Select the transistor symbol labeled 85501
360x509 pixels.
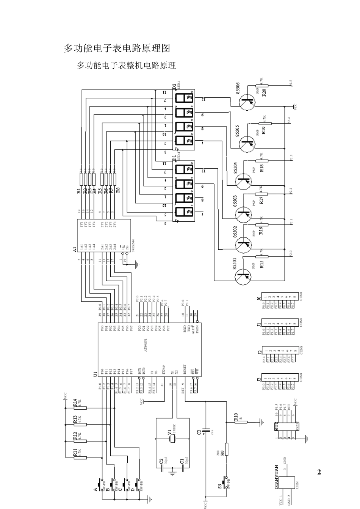[x=243, y=277]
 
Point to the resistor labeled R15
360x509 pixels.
[x=262, y=257]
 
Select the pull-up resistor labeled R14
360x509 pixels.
[x=80, y=408]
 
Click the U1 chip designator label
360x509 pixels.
[x=95, y=374]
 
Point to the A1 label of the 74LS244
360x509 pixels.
[x=75, y=249]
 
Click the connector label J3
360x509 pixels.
[x=259, y=379]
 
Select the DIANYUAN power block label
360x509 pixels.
[x=277, y=476]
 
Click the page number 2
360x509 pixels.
[x=319, y=472]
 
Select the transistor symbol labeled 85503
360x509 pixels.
[x=243, y=215]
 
